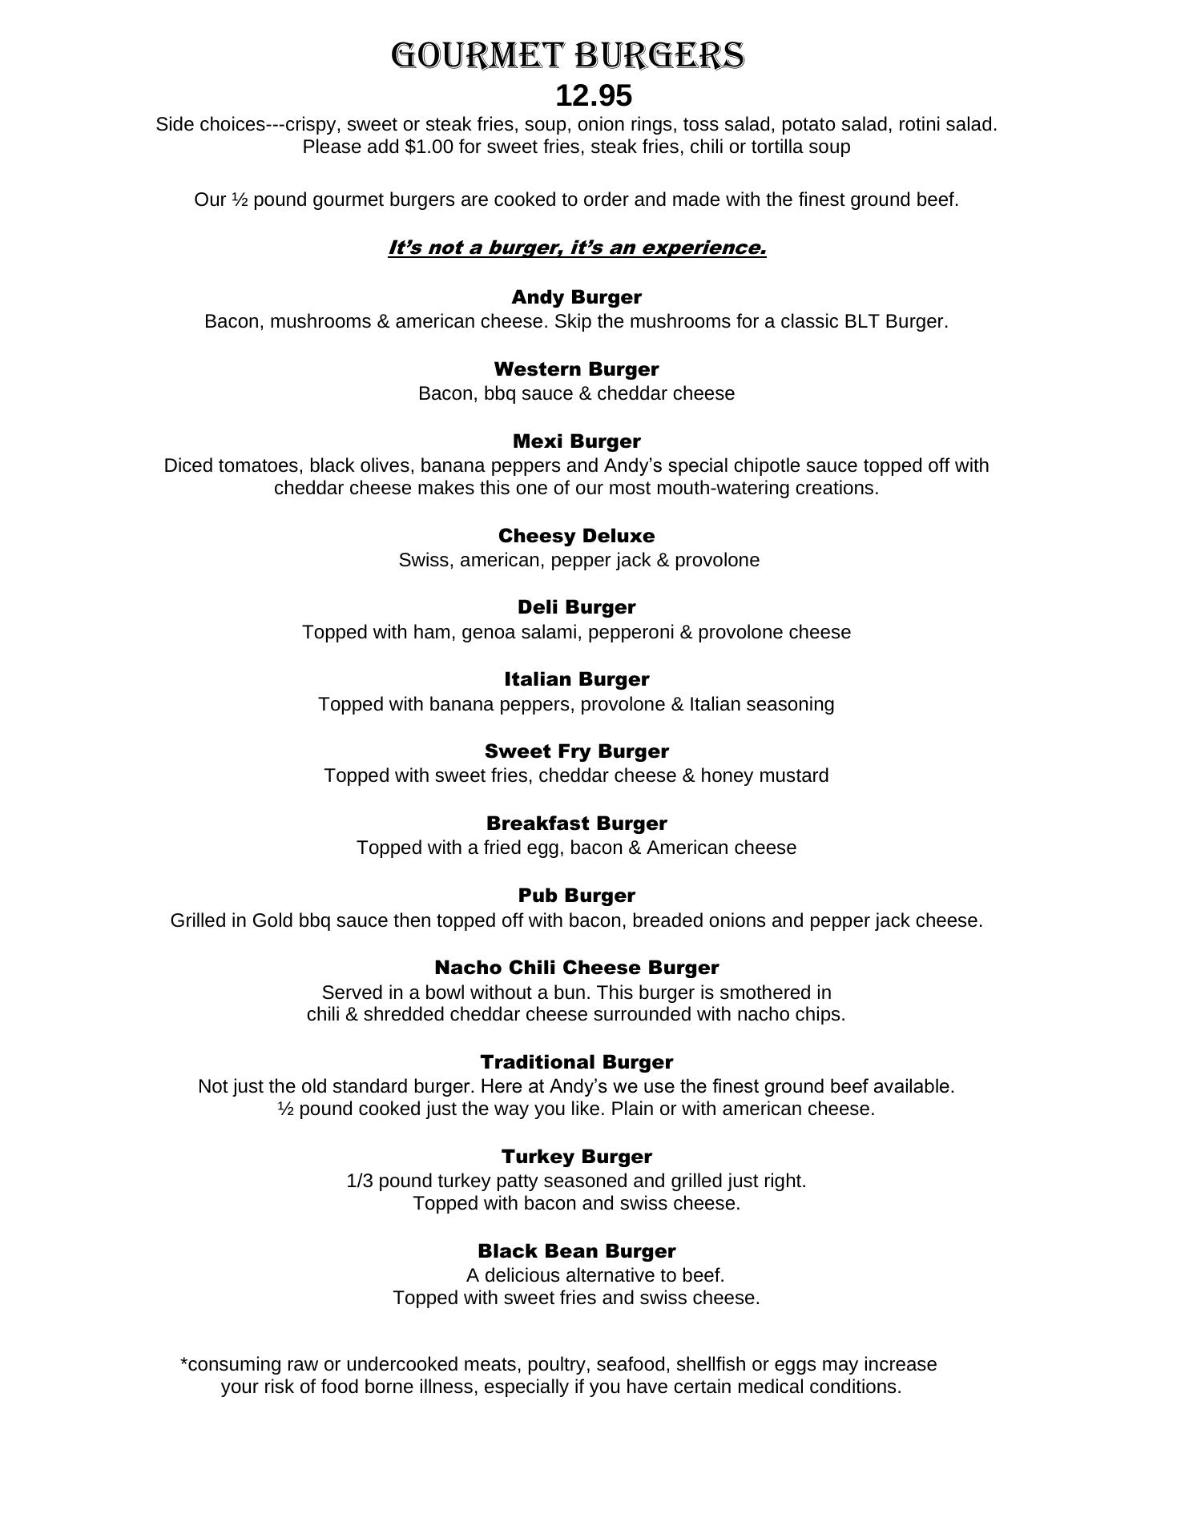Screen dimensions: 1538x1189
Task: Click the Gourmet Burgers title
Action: point(568,56)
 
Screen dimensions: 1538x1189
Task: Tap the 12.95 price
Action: point(594,96)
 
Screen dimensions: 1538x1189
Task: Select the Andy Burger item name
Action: point(576,297)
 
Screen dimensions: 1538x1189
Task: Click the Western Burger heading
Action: point(576,369)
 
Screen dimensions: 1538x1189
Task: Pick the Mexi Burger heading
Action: point(576,441)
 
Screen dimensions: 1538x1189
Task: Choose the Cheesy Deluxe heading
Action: point(576,536)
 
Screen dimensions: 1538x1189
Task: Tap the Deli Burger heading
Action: point(576,607)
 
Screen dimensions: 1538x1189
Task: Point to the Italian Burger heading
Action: point(576,679)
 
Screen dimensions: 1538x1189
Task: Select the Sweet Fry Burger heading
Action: point(576,751)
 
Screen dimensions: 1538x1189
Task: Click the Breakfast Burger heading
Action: point(576,823)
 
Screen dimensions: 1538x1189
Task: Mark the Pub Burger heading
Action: point(576,896)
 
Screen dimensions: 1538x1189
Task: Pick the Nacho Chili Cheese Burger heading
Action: point(576,968)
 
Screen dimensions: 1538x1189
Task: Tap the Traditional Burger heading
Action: point(576,1062)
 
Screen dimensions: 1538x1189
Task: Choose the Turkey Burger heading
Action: point(576,1157)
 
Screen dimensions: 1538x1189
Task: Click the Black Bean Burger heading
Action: point(576,1251)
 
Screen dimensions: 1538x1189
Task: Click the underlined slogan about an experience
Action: point(577,248)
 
